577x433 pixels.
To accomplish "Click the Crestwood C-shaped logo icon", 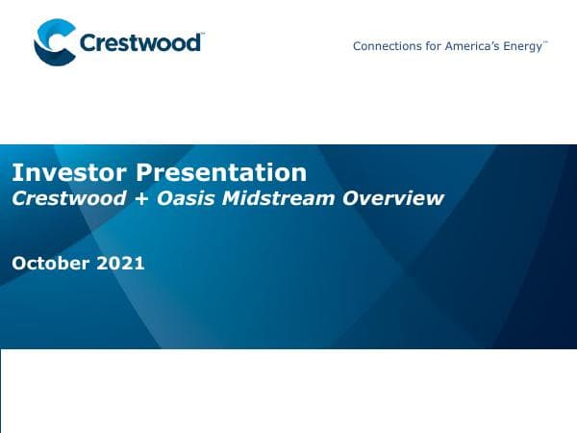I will [54, 44].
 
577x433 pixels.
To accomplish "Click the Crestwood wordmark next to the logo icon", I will [139, 43].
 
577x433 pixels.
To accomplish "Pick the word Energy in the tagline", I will [523, 46].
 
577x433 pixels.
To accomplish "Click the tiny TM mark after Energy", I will [546, 42].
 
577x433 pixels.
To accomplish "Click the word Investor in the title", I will [69, 173].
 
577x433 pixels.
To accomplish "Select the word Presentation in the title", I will [221, 173].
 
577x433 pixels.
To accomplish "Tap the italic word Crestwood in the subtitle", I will [67, 199].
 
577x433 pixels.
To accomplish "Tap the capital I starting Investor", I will [15, 173].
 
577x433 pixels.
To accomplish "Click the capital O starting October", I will [19, 263].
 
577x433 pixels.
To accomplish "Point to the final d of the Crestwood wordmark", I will [195, 43].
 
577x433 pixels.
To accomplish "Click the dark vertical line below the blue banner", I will [1, 390].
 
